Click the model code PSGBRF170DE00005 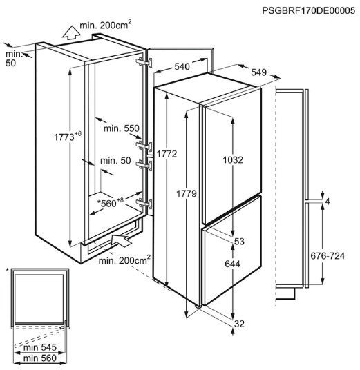(x=308, y=10)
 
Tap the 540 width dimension (x=182, y=66)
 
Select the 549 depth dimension (x=258, y=72)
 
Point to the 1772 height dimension (x=167, y=154)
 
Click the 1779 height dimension (x=187, y=194)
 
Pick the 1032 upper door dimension (x=233, y=160)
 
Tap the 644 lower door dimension (x=232, y=264)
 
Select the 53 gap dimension (x=239, y=242)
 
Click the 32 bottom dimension (x=239, y=324)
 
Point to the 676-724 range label (x=328, y=256)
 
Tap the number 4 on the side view (x=328, y=202)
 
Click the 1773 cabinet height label (x=68, y=137)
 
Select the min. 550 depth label (x=122, y=128)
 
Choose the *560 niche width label (x=111, y=202)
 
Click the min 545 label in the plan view (x=40, y=347)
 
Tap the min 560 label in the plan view (x=40, y=358)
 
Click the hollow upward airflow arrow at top (x=71, y=32)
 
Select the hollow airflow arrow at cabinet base (x=120, y=240)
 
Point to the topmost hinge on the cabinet (x=144, y=62)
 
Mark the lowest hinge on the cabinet (x=144, y=203)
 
